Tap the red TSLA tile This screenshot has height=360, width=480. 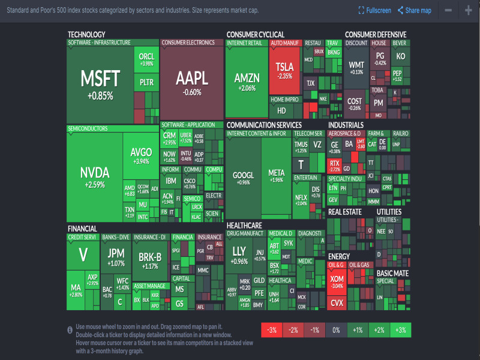tap(284, 70)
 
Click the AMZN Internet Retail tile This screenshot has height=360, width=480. tap(247, 82)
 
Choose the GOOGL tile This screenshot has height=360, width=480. tap(243, 178)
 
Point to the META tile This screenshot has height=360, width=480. tap(276, 176)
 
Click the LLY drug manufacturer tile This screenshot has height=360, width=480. tap(239, 255)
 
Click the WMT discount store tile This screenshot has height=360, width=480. tap(356, 67)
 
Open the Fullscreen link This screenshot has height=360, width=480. tap(374, 10)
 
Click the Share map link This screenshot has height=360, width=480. tap(414, 10)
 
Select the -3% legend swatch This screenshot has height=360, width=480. tap(272, 330)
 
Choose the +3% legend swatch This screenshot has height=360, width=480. tap(401, 330)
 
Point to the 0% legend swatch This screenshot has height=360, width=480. tap(337, 330)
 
